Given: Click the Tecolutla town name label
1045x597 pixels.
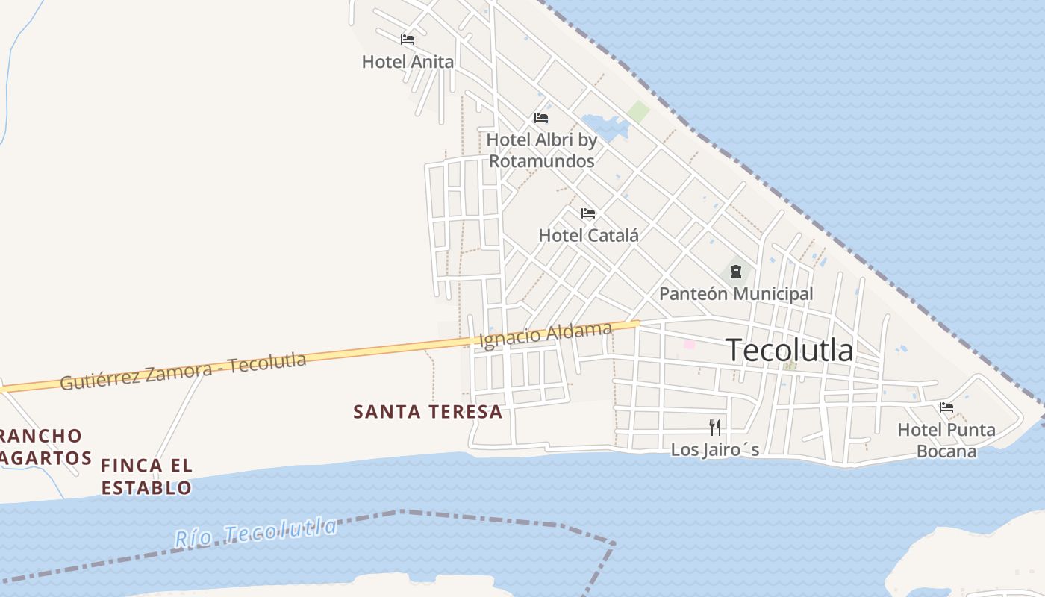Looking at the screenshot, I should click(x=790, y=350).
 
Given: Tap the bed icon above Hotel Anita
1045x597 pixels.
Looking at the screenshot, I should click(x=408, y=40).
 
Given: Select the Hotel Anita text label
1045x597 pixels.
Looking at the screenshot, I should click(x=408, y=62).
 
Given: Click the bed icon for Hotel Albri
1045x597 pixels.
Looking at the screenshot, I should click(x=541, y=118).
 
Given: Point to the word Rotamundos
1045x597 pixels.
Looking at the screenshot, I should click(x=542, y=161).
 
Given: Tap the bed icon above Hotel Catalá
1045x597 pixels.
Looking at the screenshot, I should click(x=588, y=213).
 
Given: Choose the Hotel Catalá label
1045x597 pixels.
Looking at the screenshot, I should click(x=588, y=235).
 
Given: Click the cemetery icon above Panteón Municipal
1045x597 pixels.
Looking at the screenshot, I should click(x=736, y=271).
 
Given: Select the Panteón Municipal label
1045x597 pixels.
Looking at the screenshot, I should click(x=736, y=293).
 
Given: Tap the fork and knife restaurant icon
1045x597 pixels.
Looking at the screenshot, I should click(x=715, y=427).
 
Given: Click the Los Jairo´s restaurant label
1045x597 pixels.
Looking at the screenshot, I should click(x=715, y=449).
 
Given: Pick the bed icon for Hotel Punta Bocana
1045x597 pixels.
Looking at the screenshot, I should click(x=946, y=407).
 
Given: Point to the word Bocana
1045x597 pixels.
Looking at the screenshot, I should click(x=946, y=451).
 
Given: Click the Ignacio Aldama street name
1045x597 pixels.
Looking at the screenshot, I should click(x=546, y=335).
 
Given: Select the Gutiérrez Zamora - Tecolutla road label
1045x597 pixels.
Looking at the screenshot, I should click(x=183, y=372).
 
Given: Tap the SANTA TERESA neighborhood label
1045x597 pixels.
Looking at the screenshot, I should click(x=428, y=412).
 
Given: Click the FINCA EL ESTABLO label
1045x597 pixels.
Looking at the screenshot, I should click(x=146, y=477).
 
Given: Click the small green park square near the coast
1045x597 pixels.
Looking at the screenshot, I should click(x=638, y=113).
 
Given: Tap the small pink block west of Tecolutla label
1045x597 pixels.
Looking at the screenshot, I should click(x=689, y=344).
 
